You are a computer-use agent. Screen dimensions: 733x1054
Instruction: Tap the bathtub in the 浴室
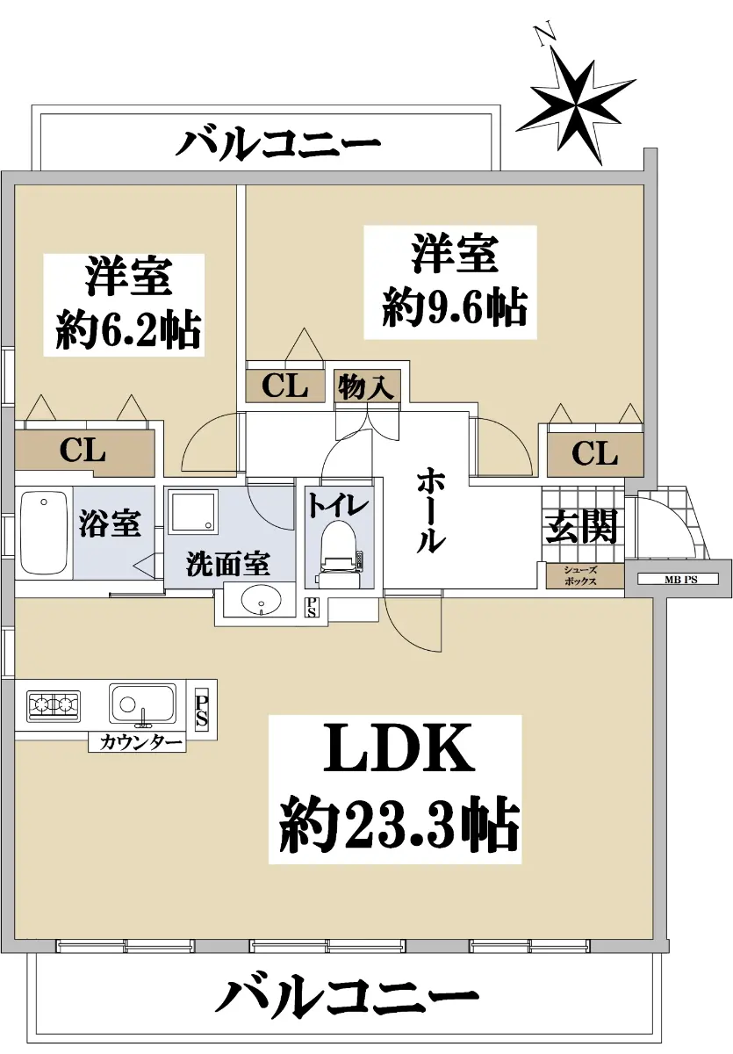tap(44, 533)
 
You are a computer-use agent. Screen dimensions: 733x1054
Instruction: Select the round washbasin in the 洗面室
tap(261, 599)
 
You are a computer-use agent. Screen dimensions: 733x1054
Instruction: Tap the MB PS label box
tap(678, 579)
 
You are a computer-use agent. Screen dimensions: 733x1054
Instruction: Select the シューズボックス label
tap(580, 576)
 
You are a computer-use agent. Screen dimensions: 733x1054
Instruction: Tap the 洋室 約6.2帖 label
tap(124, 305)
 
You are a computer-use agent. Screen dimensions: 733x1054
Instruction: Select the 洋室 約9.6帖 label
tap(450, 282)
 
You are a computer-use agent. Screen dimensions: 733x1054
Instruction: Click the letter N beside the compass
tap(545, 35)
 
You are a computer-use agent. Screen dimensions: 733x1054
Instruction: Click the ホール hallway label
tap(429, 510)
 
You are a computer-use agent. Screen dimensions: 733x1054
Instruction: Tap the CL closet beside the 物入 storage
tap(285, 386)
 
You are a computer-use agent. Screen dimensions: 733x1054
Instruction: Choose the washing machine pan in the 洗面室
tap(194, 511)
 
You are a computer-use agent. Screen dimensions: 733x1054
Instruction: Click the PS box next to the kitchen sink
tap(201, 711)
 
